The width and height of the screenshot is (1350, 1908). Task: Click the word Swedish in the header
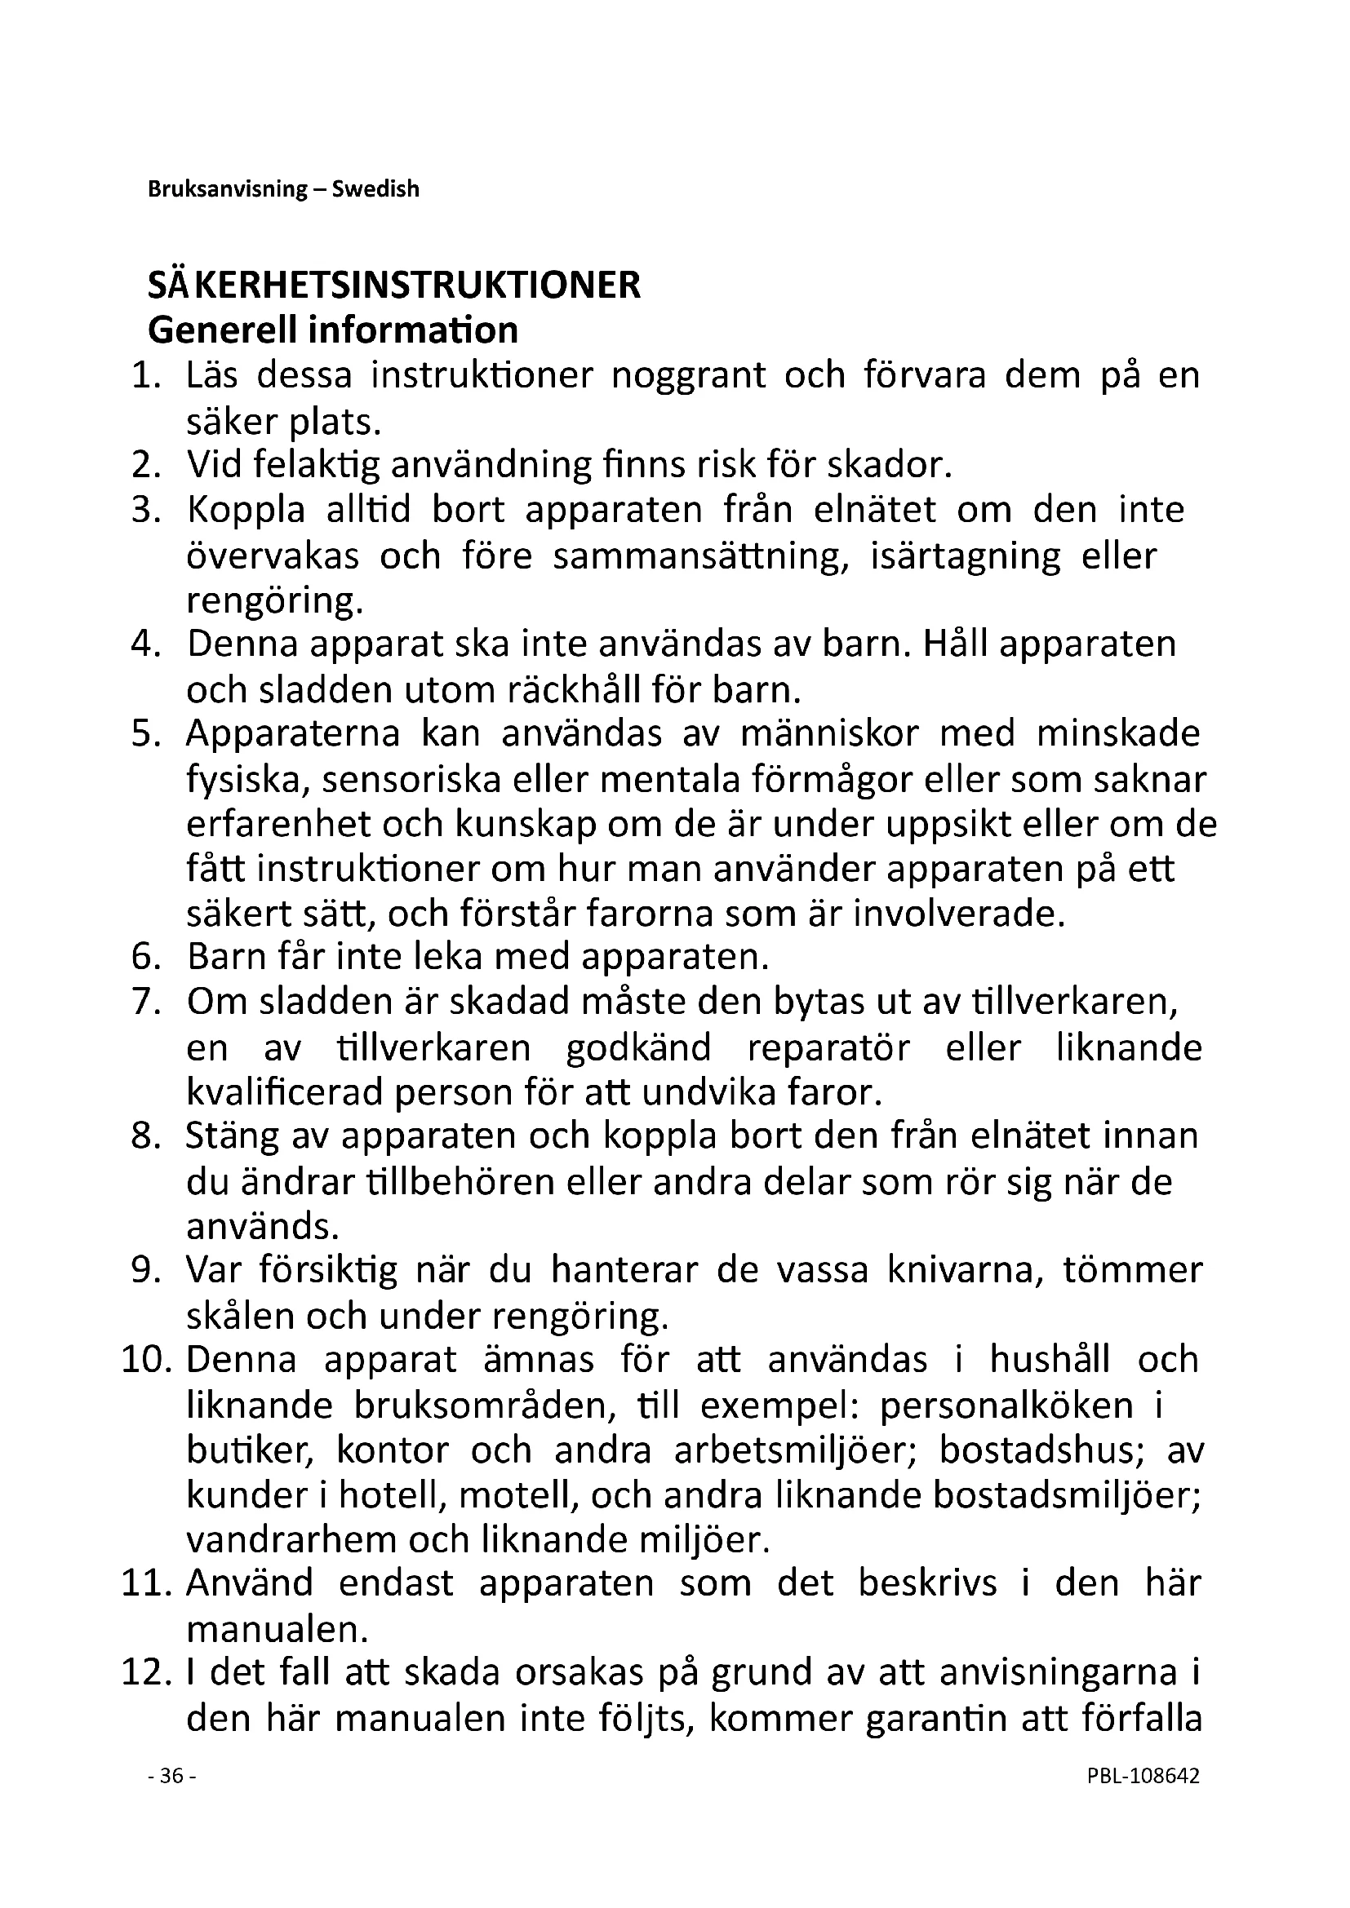point(375,189)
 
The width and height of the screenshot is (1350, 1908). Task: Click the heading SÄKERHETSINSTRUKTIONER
point(394,285)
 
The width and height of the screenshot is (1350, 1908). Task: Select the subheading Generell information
point(332,330)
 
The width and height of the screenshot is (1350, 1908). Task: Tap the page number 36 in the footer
point(171,1776)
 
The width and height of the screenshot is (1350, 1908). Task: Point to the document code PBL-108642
point(1142,1776)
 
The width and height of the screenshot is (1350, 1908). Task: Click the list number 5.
point(145,734)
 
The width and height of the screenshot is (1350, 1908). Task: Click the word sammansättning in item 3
point(701,556)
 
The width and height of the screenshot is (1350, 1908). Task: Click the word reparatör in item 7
point(828,1048)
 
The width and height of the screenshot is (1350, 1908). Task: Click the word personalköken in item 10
point(1006,1406)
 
